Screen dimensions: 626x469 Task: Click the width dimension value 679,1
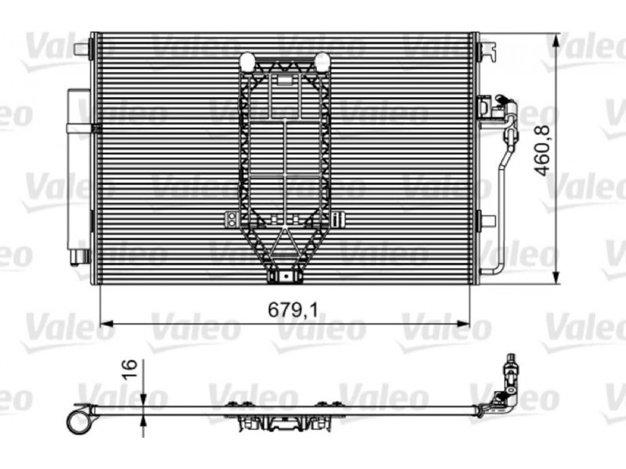(293, 310)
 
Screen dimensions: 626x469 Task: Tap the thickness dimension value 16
(130, 370)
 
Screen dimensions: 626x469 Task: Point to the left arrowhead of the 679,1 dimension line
(106, 324)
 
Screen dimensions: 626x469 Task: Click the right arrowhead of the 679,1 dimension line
(463, 324)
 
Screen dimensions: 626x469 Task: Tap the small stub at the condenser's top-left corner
(83, 49)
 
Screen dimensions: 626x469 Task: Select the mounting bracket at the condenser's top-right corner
(487, 49)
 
